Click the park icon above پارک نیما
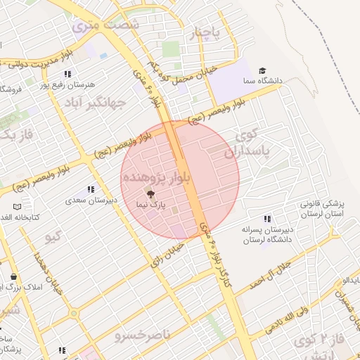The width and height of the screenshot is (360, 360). point(150,193)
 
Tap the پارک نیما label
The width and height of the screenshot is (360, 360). point(150,204)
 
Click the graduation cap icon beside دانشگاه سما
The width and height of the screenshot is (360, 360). point(262,71)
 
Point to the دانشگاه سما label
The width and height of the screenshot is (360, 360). point(284,81)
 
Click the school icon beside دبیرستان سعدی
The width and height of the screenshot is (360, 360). point(91,189)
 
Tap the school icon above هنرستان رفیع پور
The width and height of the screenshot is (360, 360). point(67,74)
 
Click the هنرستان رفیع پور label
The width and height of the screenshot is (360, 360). point(69,84)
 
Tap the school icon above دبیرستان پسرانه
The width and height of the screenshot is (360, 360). point(266,219)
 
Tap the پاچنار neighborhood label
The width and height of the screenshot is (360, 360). point(206,32)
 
